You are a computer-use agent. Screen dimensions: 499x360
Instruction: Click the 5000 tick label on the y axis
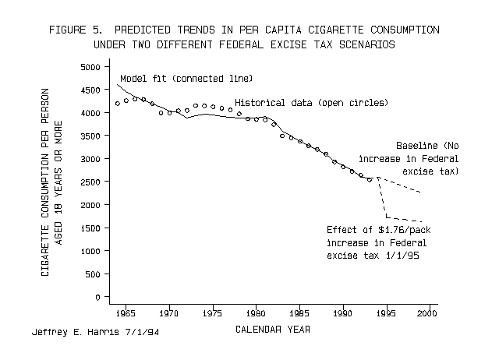coord(90,67)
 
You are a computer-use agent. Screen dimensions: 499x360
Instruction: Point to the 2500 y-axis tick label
coord(90,182)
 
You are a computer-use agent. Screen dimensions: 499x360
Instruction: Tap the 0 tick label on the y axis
coord(97,298)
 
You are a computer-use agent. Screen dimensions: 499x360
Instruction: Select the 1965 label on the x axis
coord(126,313)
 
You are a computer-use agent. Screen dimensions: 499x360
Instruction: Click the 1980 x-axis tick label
coord(256,313)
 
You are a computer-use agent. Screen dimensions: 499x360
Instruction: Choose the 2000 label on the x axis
coord(427,313)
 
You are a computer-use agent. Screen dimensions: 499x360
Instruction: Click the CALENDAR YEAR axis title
coord(273,329)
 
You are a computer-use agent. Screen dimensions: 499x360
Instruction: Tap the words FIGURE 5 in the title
coord(76,30)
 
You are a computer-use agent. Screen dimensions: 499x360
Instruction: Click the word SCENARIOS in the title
coord(367,44)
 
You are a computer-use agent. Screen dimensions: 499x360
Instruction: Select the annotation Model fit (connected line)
coord(186,79)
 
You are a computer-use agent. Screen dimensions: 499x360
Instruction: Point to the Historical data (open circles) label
coord(312,103)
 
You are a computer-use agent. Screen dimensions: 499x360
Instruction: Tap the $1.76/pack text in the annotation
coord(405,230)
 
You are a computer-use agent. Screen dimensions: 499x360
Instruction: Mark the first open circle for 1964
coord(118,104)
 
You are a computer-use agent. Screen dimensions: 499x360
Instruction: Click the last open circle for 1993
coord(369,180)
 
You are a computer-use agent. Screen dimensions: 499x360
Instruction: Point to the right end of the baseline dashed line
coord(421,192)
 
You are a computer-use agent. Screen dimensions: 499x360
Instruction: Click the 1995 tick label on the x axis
coord(387,313)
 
